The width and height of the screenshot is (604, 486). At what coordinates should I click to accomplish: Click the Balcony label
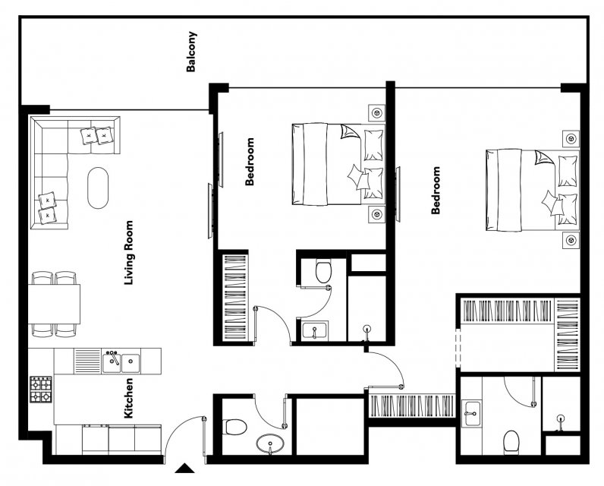[191, 52]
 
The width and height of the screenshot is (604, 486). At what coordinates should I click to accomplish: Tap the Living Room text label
[129, 253]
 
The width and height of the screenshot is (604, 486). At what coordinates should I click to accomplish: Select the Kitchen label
[128, 398]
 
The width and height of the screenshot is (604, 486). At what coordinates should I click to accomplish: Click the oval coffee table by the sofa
[98, 188]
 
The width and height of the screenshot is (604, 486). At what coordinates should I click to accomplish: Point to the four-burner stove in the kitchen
[41, 390]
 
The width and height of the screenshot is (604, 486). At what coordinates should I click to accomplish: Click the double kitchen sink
[121, 361]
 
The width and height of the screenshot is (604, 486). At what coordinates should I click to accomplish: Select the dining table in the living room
[55, 304]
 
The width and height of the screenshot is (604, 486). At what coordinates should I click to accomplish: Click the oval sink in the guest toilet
[271, 444]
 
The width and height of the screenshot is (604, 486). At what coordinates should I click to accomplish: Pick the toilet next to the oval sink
[235, 427]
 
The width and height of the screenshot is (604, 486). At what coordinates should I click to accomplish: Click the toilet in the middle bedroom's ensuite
[323, 271]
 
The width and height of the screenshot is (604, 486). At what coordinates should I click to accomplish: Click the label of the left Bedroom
[250, 162]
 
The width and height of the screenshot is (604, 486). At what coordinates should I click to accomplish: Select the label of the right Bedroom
[436, 191]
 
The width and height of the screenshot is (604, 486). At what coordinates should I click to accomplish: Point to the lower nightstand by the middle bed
[376, 214]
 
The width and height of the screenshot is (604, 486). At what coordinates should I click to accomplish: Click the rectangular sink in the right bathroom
[471, 413]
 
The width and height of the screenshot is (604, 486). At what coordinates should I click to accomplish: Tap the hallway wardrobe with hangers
[412, 406]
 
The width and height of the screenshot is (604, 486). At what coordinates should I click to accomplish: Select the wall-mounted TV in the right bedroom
[398, 194]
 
